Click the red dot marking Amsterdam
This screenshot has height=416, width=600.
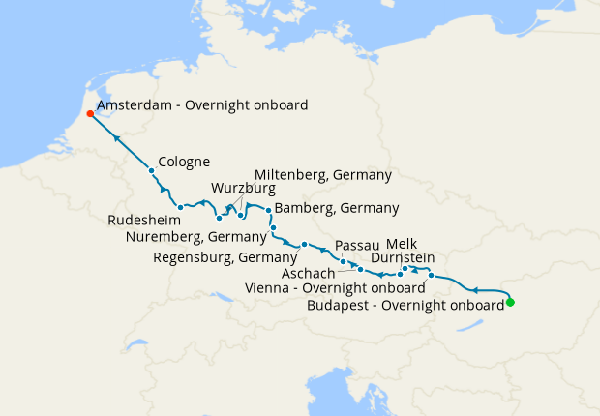coord(90,113)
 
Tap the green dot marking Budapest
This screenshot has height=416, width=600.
coord(510,303)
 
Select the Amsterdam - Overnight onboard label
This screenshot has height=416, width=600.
coord(202,105)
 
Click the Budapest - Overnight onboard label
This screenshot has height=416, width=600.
coord(405,305)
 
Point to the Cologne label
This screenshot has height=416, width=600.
coord(184,162)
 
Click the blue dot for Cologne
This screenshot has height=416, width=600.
coord(152,171)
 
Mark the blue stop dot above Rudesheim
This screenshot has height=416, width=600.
coord(181,207)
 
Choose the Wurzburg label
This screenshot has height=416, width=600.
coord(243,188)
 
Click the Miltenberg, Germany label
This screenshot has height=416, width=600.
coord(322,175)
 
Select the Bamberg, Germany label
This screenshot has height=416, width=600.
coord(337,208)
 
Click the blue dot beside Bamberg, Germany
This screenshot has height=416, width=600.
coord(268,210)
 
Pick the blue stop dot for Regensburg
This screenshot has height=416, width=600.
coord(304,244)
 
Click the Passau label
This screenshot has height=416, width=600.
coord(356,246)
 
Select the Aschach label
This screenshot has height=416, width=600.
coord(308,274)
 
